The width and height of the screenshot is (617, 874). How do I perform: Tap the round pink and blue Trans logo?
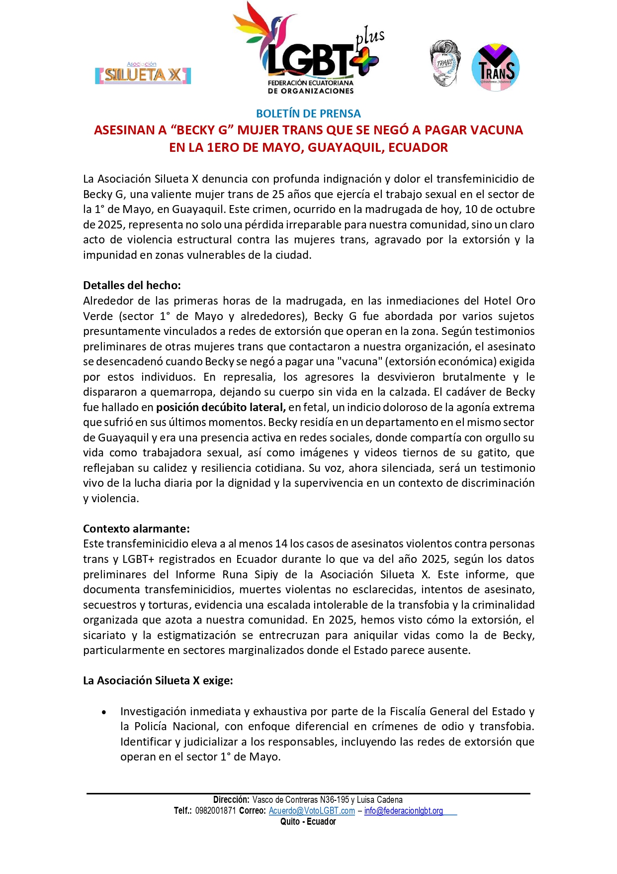(495, 68)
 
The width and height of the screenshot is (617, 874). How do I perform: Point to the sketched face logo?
(445, 64)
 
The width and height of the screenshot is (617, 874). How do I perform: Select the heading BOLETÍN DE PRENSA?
(308, 113)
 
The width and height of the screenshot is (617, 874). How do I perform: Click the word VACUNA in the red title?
(496, 130)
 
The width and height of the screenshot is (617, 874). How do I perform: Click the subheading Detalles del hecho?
(132, 285)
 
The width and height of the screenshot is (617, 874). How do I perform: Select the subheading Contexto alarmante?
(136, 529)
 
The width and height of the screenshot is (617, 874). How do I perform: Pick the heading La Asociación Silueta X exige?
(158, 680)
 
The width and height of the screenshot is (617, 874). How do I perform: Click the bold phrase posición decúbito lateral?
(221, 407)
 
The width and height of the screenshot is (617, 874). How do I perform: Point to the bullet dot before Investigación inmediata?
(104, 712)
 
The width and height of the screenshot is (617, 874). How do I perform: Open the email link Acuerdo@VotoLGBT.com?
(312, 811)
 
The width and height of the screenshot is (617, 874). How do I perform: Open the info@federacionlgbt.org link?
(403, 811)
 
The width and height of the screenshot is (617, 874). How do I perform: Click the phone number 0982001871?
(215, 811)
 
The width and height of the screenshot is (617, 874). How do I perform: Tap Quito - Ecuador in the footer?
(308, 822)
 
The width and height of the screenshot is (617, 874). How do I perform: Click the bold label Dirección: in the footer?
(231, 800)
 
